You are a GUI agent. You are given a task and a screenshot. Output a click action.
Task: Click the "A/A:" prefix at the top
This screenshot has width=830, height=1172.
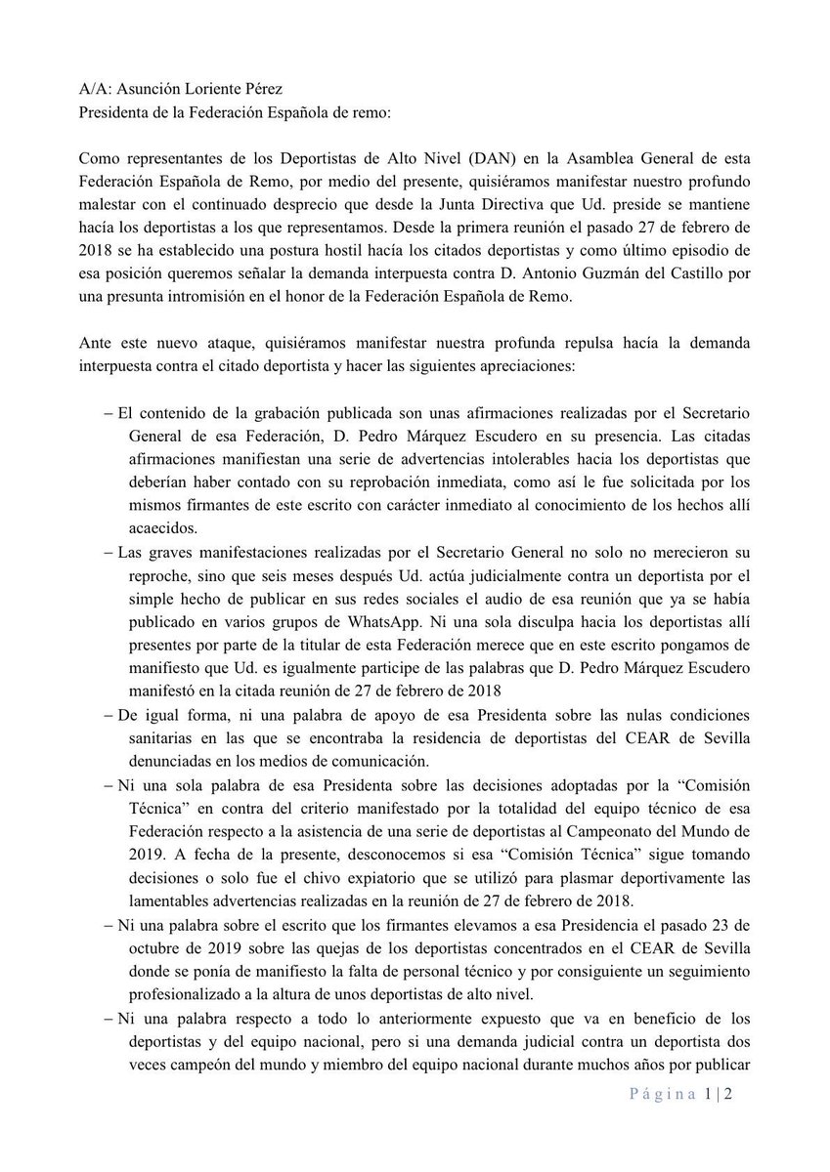pyautogui.click(x=96, y=86)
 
